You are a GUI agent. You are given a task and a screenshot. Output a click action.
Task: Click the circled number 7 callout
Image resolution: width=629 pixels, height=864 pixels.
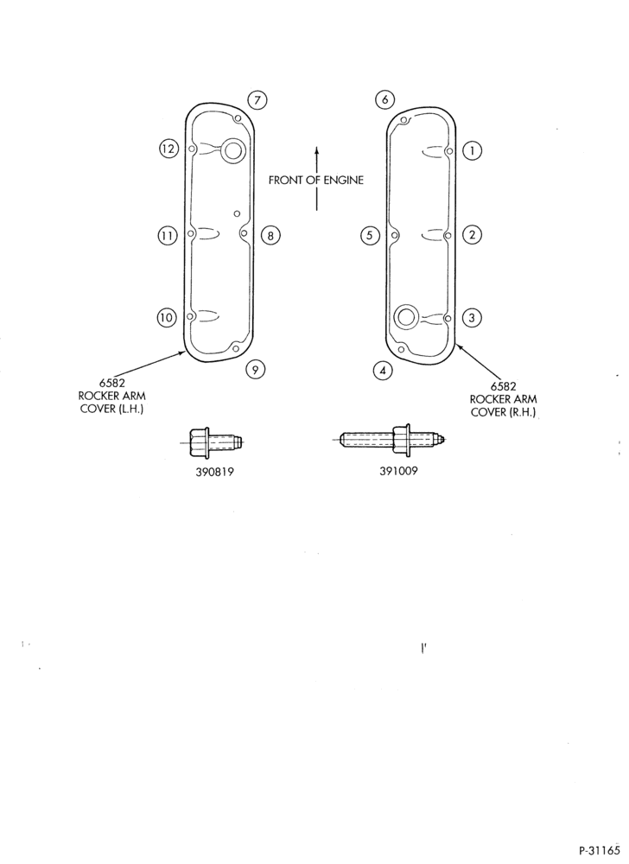coord(257,99)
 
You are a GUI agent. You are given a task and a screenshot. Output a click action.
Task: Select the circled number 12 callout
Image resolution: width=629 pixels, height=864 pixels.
coord(168,149)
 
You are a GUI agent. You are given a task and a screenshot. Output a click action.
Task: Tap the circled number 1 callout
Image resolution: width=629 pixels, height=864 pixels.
coord(472,150)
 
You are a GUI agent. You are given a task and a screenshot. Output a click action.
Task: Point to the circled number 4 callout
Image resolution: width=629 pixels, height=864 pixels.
coord(383,371)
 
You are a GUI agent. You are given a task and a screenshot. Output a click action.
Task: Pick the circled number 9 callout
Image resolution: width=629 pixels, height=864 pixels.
coord(255,369)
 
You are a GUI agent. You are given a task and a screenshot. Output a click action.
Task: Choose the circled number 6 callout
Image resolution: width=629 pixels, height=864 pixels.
coord(385,99)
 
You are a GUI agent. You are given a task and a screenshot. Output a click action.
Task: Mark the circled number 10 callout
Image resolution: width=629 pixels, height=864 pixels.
coord(167,318)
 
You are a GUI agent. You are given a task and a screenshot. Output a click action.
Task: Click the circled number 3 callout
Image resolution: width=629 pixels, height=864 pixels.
coord(472,318)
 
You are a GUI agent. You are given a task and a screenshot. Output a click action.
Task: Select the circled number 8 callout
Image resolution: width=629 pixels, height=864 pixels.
coord(270,236)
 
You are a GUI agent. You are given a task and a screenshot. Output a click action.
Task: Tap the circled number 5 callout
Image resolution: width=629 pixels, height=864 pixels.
coord(370,236)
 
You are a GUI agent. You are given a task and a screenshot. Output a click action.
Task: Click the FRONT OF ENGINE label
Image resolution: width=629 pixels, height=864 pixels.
coord(316,181)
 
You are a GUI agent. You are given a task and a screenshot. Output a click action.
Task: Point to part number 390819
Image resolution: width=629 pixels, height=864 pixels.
coord(215,472)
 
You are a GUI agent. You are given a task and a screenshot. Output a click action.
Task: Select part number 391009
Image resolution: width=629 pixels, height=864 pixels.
coord(398,471)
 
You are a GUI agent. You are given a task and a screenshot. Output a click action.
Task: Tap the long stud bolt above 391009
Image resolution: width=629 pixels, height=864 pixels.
coord(391,439)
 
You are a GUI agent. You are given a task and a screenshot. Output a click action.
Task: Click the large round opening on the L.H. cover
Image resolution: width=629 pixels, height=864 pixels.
coord(232,149)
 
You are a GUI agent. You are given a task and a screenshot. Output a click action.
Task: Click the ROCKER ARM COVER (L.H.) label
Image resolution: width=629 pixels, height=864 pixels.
coord(111,397)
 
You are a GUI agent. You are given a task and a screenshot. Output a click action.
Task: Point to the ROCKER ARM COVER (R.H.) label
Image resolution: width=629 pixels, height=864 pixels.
coord(504,399)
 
